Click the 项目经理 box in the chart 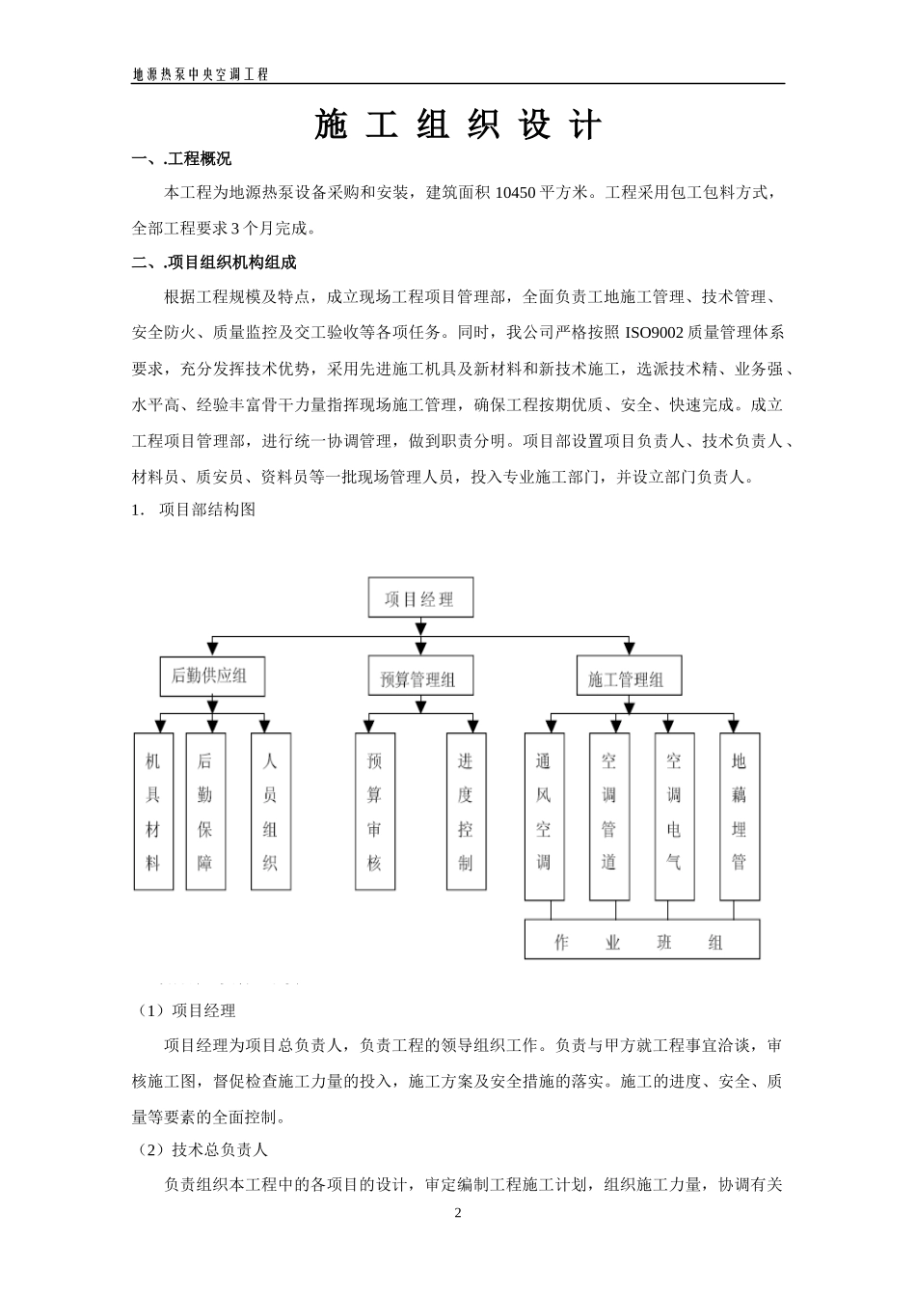[x=422, y=598]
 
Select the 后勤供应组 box [x=210, y=676]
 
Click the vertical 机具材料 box [x=152, y=812]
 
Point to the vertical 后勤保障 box [x=204, y=812]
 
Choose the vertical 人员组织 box [x=270, y=812]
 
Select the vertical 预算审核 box [x=375, y=812]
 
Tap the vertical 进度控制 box [x=466, y=812]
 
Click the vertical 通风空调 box [x=544, y=815]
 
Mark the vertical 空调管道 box [x=609, y=815]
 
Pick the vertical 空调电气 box [x=674, y=815]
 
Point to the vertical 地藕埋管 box [x=740, y=815]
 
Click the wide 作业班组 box [x=641, y=940]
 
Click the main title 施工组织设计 [x=458, y=125]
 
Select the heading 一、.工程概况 [x=181, y=159]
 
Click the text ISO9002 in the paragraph [x=655, y=333]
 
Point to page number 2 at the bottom [x=458, y=1213]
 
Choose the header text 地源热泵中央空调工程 [x=201, y=74]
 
